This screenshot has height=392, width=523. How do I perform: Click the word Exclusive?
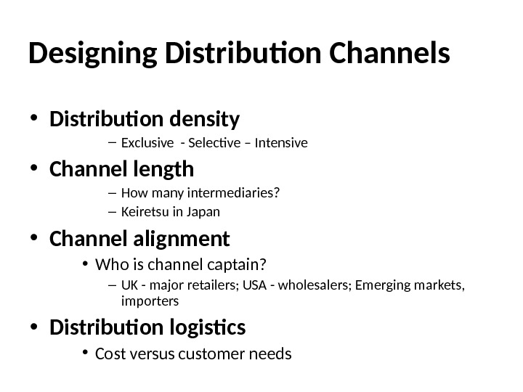point(142,143)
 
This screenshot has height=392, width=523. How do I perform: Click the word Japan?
point(203,213)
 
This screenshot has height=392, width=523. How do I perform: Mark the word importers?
point(146,301)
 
